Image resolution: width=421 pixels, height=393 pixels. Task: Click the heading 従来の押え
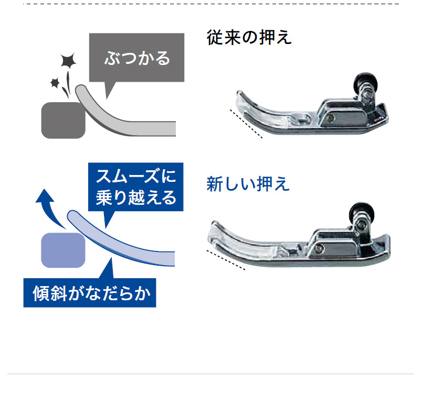point(249,37)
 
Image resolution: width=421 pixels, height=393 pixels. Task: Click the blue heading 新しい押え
point(248,184)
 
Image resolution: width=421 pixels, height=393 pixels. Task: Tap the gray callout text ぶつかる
point(137,58)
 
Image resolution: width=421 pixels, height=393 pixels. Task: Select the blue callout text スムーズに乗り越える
point(136,187)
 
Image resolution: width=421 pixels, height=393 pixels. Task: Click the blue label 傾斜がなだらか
point(91,293)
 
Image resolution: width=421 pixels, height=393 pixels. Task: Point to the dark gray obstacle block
point(64,121)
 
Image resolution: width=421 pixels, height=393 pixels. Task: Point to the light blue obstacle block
point(63,250)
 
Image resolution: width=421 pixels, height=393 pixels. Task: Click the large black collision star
point(68,60)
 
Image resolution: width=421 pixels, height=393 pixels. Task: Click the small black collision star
point(55,83)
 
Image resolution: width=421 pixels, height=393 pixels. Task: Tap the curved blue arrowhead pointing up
point(45,195)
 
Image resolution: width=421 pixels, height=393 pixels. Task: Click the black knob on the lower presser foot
point(362,212)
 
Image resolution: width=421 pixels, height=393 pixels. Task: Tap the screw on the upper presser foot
point(332,117)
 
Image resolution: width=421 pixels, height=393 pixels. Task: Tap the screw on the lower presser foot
point(319,248)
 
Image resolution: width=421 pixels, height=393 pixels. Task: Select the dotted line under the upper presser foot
point(246,124)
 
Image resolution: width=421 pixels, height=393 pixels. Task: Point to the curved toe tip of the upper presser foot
point(240,95)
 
